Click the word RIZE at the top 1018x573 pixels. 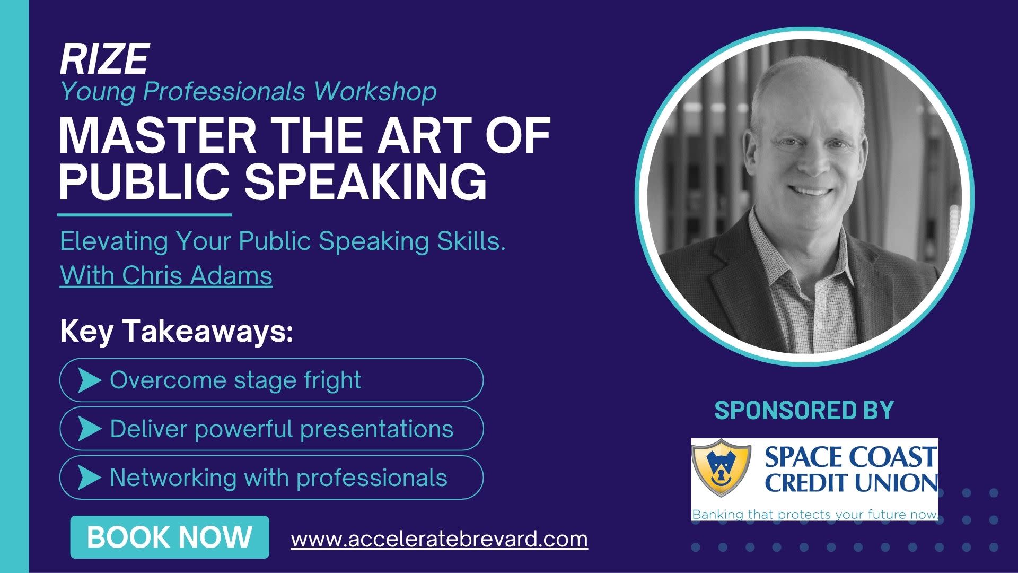click(x=104, y=59)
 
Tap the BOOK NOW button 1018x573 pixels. click(x=170, y=537)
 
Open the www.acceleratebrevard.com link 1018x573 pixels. click(x=439, y=540)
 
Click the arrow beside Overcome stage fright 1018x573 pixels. click(x=89, y=380)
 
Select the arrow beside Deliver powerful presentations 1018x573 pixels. click(x=89, y=429)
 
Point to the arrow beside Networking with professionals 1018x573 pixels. click(x=89, y=477)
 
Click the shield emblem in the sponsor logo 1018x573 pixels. click(x=721, y=467)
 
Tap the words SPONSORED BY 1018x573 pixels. click(x=804, y=411)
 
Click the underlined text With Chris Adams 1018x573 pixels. click(x=166, y=275)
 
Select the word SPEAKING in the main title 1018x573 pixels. click(x=365, y=181)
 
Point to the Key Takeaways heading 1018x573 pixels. click(x=176, y=332)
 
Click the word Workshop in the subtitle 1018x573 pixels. click(x=375, y=91)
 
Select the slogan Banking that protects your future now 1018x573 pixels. click(x=815, y=514)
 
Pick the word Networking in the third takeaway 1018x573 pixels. click(x=173, y=478)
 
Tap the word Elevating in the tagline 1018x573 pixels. click(x=113, y=241)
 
